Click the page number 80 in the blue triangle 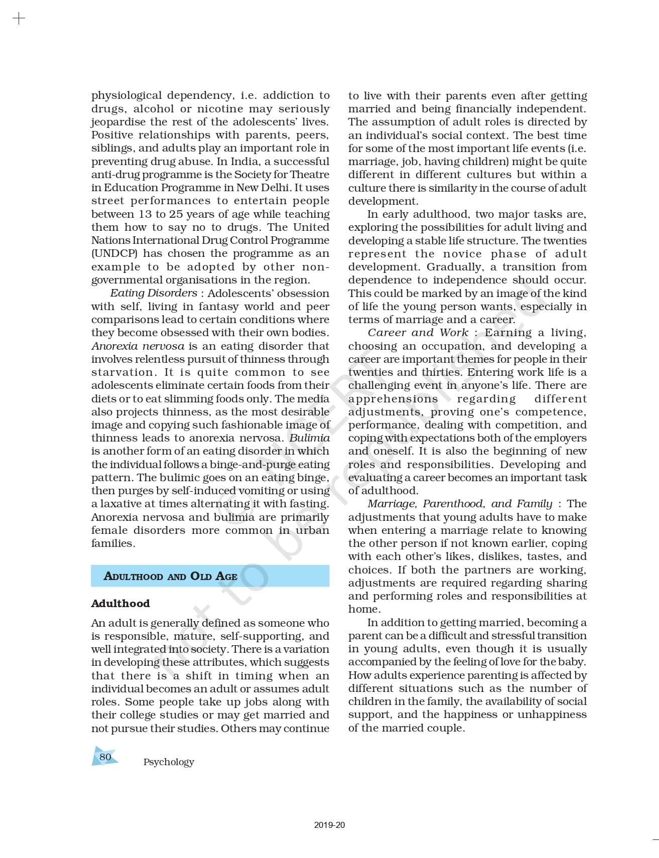[105, 757]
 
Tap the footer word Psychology [169, 762]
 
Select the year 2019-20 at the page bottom [329, 825]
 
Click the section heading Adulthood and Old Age [171, 576]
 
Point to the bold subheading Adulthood [120, 603]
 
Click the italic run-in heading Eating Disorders [154, 293]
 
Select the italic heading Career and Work [418, 332]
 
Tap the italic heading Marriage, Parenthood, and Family [459, 504]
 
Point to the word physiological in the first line [126, 95]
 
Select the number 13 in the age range [145, 214]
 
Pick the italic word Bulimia [309, 438]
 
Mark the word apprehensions [393, 398]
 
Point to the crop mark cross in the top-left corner [19, 19]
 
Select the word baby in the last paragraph [572, 662]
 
